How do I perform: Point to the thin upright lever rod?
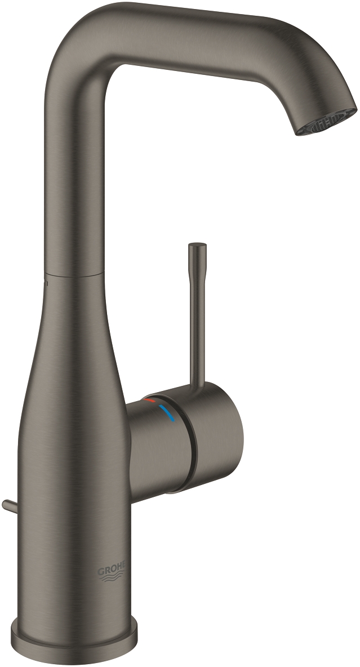point(196,315)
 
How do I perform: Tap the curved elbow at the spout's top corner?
point(79,39)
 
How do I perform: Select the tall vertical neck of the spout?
point(73,169)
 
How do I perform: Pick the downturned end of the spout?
point(327,96)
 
